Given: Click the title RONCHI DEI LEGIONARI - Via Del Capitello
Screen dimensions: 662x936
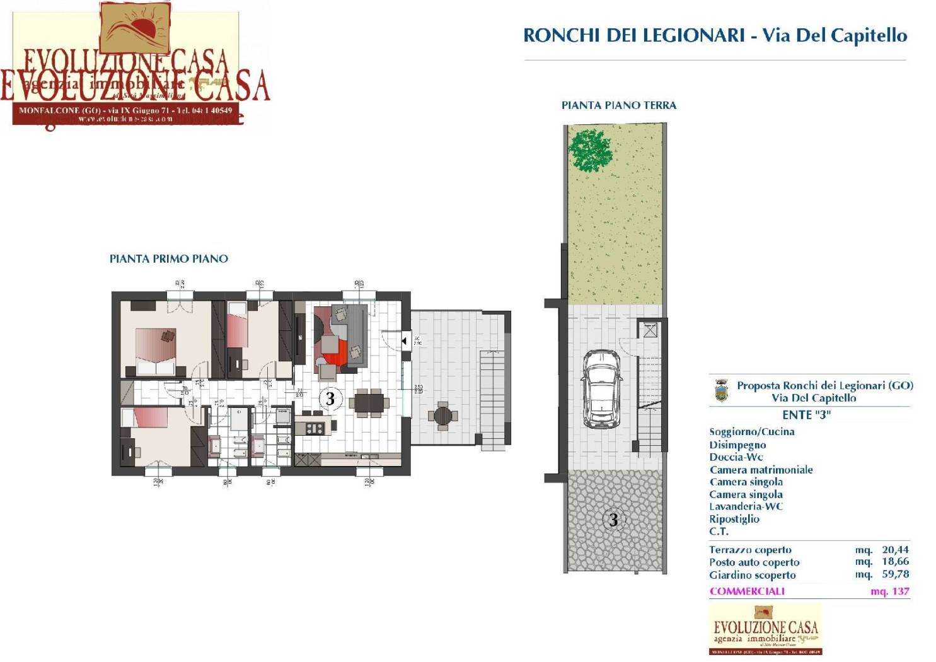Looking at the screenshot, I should (715, 35).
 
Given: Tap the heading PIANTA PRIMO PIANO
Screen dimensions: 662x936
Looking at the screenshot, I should (168, 258).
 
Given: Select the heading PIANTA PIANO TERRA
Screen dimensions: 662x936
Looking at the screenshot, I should (618, 105).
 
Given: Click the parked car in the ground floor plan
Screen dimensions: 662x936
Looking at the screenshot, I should (602, 388).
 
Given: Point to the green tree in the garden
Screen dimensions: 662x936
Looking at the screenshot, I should (590, 149).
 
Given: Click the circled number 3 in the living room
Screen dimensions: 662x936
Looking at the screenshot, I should (330, 398).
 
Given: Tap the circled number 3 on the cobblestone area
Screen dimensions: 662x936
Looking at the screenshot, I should (613, 520).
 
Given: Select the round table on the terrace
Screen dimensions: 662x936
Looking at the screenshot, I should (443, 415).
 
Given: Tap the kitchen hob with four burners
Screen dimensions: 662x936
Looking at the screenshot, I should (315, 429).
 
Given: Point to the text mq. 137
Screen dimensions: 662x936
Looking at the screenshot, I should (889, 591).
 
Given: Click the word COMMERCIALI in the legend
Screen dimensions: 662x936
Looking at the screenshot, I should (747, 591).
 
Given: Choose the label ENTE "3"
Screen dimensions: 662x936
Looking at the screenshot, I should (806, 415).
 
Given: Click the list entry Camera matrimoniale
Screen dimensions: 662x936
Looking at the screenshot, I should (761, 470).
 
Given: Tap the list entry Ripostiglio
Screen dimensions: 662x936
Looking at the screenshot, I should (734, 519).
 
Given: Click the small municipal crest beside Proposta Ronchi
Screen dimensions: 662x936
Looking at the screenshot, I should (720, 391).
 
